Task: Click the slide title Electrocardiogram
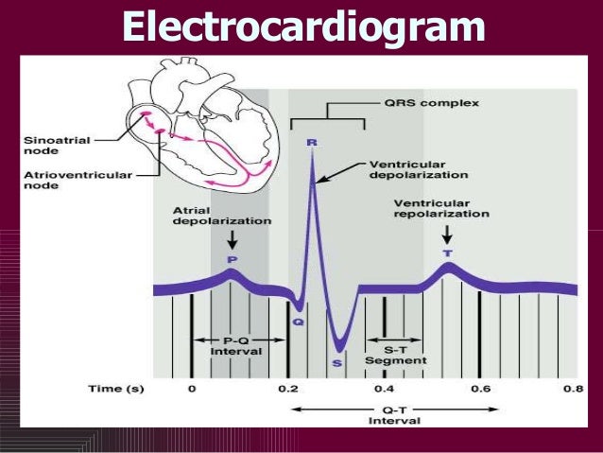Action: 302,27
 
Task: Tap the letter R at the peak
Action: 312,142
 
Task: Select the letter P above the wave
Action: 231,257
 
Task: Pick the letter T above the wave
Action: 447,253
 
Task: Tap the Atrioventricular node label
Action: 60,180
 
